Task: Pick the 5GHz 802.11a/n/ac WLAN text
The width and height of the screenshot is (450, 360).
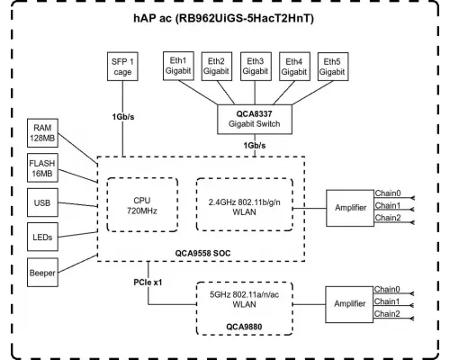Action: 249,297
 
